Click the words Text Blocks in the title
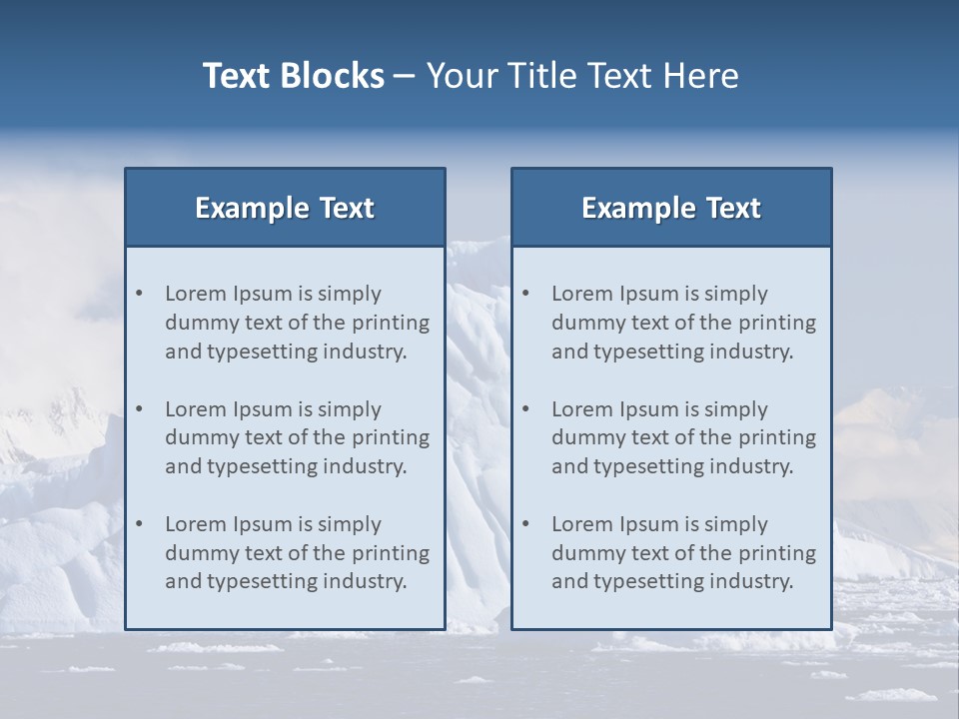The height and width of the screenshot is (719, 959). (x=294, y=76)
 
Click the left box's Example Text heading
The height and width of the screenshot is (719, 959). (x=285, y=208)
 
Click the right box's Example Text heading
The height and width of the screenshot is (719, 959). (x=671, y=208)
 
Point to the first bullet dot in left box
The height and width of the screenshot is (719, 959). (x=140, y=294)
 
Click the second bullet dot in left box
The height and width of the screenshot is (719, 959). (x=140, y=409)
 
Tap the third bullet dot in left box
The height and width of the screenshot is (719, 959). (x=140, y=524)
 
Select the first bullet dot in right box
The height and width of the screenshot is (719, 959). (x=526, y=294)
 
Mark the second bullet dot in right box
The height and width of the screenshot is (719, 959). (x=526, y=409)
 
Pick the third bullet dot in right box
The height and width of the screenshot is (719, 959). (x=526, y=524)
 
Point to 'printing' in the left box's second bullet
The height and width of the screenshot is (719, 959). (x=394, y=437)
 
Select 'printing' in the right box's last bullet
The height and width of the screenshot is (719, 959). (x=780, y=553)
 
